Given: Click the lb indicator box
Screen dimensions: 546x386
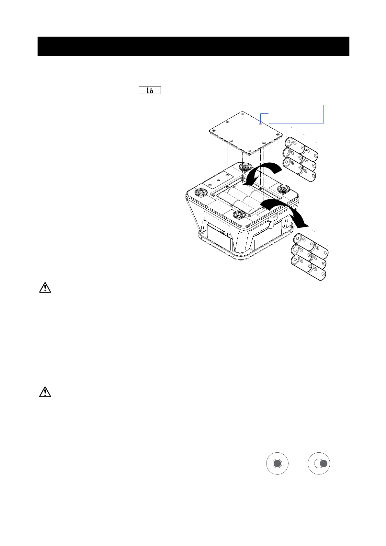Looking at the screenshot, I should click(150, 90).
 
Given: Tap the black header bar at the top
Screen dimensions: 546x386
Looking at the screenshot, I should click(193, 46).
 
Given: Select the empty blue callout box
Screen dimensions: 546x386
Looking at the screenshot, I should click(296, 114).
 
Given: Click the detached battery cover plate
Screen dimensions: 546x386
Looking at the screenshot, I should click(245, 133).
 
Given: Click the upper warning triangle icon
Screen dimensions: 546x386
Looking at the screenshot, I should click(45, 287).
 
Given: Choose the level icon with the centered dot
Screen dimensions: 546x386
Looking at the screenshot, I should click(277, 464).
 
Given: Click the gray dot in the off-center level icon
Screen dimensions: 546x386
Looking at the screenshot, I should click(323, 464).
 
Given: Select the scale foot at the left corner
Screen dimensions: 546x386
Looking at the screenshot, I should click(201, 192).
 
